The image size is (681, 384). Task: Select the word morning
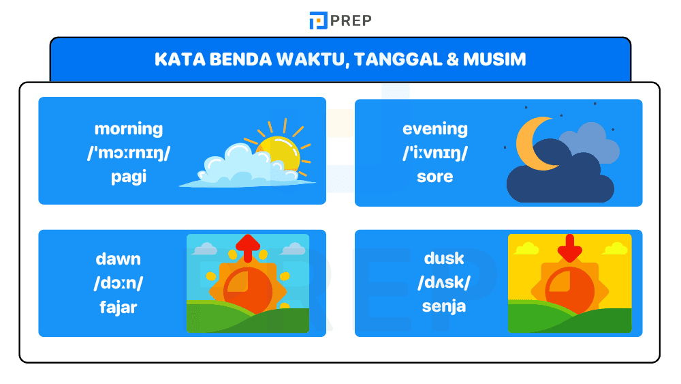129,128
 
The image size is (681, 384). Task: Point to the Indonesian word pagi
129,177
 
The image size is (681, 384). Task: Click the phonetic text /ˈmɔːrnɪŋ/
129,152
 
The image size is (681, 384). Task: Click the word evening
435,128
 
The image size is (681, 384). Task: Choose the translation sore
435,177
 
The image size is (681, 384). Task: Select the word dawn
118,259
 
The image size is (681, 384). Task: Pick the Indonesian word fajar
118,307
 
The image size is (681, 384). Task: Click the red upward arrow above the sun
248,247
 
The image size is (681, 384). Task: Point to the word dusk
444,258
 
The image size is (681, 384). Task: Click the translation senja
444,306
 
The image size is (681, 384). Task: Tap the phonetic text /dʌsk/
444,282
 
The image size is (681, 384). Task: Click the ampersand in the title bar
452,59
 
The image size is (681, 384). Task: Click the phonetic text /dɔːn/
118,283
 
